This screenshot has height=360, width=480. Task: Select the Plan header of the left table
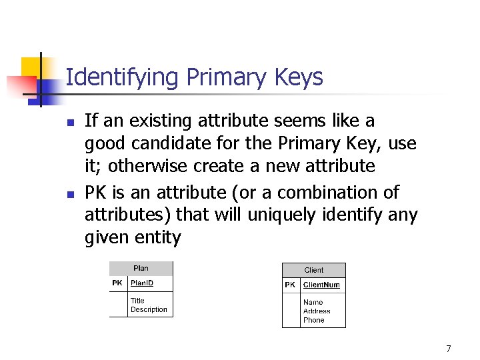click(141, 269)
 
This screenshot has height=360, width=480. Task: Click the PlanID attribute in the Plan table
click(141, 283)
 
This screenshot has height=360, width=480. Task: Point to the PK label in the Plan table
click(117, 283)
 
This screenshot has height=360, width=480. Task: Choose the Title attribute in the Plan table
click(137, 301)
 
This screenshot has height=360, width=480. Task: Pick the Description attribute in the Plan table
click(149, 309)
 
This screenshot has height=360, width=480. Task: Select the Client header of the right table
click(313, 270)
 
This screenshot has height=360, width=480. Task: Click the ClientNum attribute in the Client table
click(321, 285)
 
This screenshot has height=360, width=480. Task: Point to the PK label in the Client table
click(290, 285)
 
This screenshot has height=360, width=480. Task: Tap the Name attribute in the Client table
click(313, 302)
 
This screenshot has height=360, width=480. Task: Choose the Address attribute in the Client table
click(317, 311)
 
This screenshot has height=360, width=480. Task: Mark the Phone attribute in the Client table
click(313, 320)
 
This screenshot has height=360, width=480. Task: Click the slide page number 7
click(449, 349)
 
